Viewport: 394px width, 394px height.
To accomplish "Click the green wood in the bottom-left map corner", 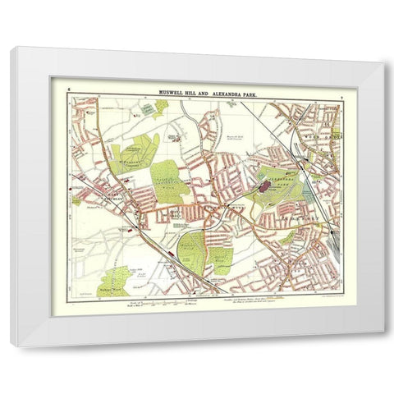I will [x=116, y=278].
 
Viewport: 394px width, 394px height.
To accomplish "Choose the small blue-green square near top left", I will [x=145, y=106].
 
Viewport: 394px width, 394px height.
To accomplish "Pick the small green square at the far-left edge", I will [x=76, y=199].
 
